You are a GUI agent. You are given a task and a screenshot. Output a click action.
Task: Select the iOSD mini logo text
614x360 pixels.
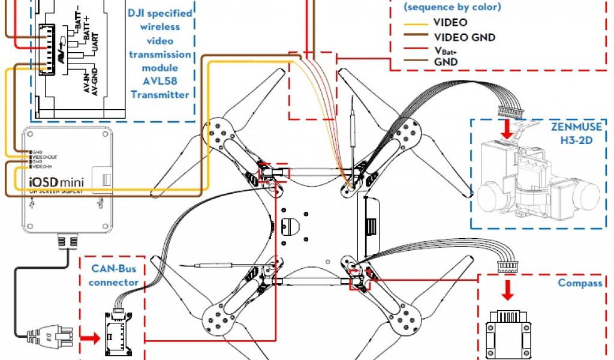(55, 181)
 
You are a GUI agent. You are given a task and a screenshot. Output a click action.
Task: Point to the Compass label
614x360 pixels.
(580, 283)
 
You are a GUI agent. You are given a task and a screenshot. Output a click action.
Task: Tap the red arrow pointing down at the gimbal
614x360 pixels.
(508, 128)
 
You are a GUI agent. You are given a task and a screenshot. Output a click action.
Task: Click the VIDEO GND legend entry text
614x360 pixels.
(463, 37)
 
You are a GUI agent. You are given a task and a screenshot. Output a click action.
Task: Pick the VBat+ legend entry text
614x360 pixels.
(445, 50)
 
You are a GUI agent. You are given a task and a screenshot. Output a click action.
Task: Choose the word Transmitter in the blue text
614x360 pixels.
(160, 94)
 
